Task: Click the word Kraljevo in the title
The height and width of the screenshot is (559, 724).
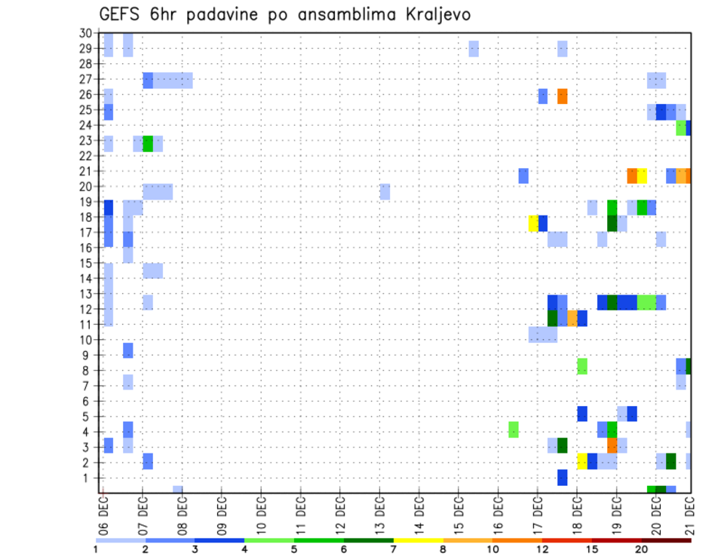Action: click(440, 14)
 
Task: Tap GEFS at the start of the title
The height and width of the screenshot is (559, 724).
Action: click(121, 14)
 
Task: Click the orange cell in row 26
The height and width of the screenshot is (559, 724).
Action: click(563, 96)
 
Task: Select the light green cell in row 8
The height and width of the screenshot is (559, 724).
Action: click(582, 366)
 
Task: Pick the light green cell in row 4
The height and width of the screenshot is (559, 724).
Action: click(514, 429)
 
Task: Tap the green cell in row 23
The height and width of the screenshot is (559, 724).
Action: click(148, 143)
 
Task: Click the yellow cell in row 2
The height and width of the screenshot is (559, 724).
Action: click(582, 461)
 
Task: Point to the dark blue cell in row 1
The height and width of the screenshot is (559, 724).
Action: click(563, 477)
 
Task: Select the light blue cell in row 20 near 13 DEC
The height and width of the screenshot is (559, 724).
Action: click(385, 191)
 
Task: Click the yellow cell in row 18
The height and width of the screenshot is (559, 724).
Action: click(533, 223)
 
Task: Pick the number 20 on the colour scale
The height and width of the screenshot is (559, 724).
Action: click(642, 549)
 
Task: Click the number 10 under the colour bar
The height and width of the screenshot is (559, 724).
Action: click(492, 549)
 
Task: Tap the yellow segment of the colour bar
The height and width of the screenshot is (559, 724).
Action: click(418, 540)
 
